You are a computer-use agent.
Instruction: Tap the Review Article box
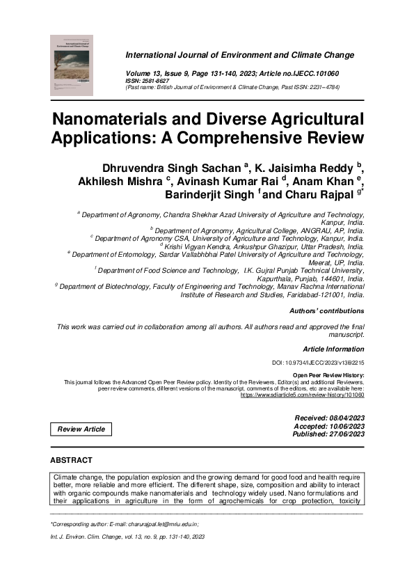click(x=81, y=429)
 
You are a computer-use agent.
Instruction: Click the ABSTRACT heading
click(x=72, y=460)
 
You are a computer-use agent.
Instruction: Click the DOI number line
click(x=318, y=363)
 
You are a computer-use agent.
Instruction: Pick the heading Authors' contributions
click(x=326, y=310)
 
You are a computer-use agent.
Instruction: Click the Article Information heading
click(x=333, y=348)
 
